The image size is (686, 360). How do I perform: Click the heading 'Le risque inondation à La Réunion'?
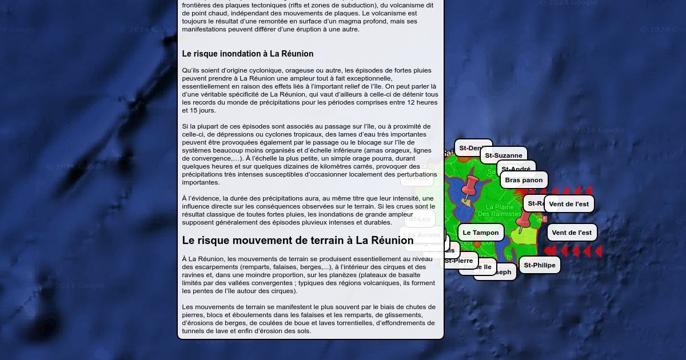(248, 54)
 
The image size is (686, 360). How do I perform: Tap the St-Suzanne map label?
(503, 155)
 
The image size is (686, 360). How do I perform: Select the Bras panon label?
(524, 180)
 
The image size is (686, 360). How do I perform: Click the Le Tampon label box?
(480, 233)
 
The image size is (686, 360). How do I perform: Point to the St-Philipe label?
(539, 265)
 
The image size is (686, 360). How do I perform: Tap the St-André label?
(516, 169)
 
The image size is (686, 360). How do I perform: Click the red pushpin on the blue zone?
(470, 185)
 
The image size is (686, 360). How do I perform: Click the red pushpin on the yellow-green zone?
(523, 220)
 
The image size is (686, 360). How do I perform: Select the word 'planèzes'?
(359, 275)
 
